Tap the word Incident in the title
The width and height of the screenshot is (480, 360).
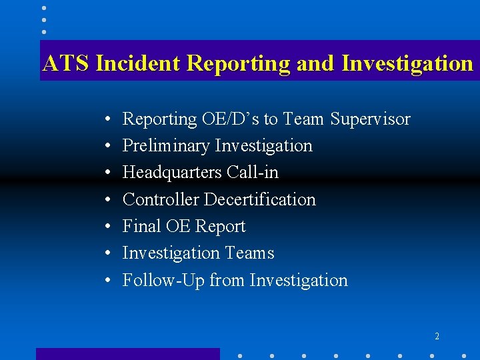pyautogui.click(x=138, y=63)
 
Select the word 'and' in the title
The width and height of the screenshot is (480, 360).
pyautogui.click(x=315, y=63)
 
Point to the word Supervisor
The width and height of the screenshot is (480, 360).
pyautogui.click(x=371, y=119)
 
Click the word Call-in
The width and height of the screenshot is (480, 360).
pyautogui.click(x=253, y=173)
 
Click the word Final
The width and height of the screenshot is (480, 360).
pyautogui.click(x=141, y=227)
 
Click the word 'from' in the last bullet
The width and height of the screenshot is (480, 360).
pyautogui.click(x=227, y=281)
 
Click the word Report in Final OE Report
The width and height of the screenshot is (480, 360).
pyautogui.click(x=220, y=227)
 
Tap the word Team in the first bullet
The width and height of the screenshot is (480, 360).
pyautogui.click(x=303, y=119)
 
